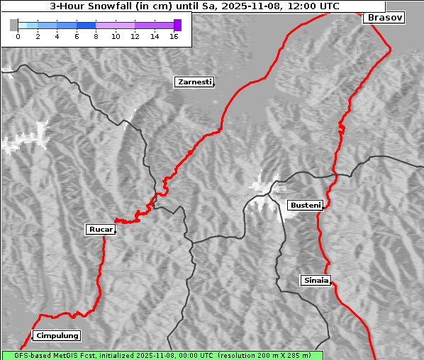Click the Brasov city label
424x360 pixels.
(384, 18)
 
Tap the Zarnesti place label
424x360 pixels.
(194, 82)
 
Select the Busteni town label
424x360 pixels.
(304, 206)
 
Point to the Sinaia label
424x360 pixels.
(316, 281)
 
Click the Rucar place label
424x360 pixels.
(99, 230)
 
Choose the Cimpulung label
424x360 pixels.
(57, 336)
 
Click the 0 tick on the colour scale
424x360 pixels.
(18, 36)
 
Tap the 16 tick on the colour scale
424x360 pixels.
(174, 36)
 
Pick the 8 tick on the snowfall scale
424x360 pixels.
(96, 36)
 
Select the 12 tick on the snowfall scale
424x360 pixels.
(135, 36)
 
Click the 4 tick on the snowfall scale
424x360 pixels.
(57, 36)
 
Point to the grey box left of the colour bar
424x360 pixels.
(13, 25)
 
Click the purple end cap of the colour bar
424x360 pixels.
(177, 25)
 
